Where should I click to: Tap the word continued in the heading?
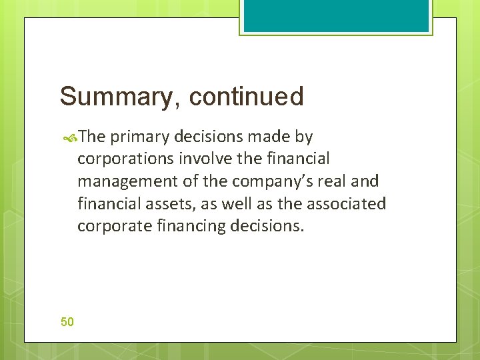[x=246, y=97]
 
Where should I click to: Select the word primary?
[x=139, y=137]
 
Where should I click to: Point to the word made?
[x=271, y=137]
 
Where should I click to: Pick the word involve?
[x=199, y=159]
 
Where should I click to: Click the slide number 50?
[x=67, y=322]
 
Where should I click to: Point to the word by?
[x=304, y=137]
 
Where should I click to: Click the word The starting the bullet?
[x=92, y=137]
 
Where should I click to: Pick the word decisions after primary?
[x=208, y=137]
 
